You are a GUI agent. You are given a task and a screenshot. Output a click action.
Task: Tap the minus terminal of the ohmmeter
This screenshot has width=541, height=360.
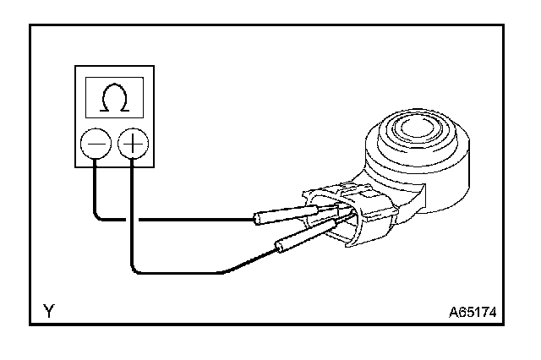[95, 145]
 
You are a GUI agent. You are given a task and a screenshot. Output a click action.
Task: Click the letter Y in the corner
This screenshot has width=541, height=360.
[49, 312]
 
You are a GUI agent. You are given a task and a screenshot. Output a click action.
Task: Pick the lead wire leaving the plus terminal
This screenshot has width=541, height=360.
[132, 211]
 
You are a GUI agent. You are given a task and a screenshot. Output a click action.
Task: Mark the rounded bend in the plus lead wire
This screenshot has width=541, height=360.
[136, 269]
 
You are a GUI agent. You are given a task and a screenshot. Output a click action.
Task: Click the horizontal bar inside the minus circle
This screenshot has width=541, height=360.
[95, 145]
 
